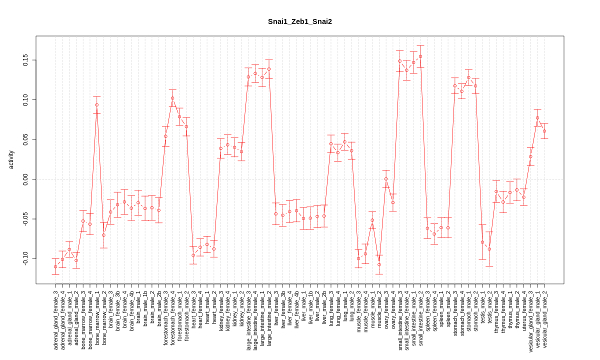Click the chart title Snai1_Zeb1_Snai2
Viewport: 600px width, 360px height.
click(x=299, y=21)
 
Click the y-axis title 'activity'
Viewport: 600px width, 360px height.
click(x=11, y=159)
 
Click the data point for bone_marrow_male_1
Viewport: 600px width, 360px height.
click(x=97, y=105)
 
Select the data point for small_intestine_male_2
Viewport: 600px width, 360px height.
click(x=420, y=56)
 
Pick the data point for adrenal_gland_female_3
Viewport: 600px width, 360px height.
click(x=55, y=266)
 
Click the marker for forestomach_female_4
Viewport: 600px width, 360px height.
click(x=172, y=98)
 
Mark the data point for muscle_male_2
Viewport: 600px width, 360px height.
click(x=379, y=264)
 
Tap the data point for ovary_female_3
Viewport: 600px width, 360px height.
click(x=386, y=179)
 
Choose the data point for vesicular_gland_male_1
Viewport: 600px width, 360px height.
click(x=537, y=118)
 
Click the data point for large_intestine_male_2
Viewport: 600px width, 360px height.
click(x=269, y=69)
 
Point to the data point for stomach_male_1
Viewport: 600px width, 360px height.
click(x=468, y=77)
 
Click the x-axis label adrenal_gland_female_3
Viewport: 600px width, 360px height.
click(x=56, y=317)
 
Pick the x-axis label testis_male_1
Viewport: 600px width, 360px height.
click(x=482, y=307)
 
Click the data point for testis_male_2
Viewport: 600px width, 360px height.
click(x=489, y=249)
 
